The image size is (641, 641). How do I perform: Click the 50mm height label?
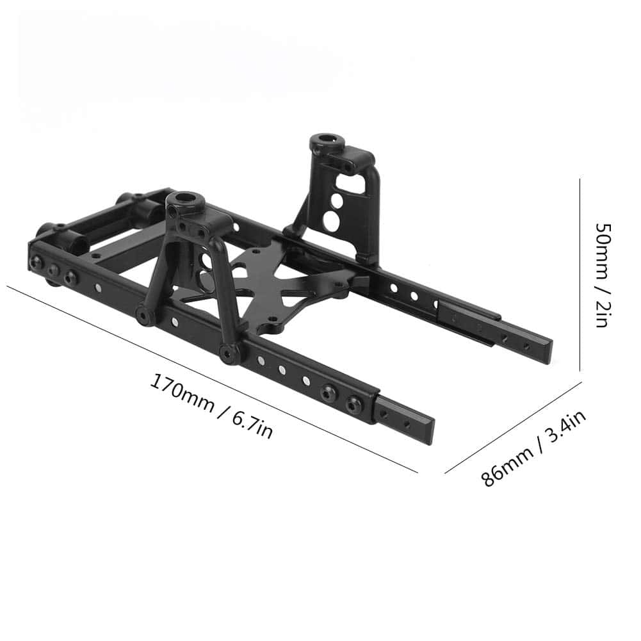point(604,251)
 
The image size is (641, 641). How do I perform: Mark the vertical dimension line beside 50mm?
point(580,274)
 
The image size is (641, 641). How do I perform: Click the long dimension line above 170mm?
point(212,379)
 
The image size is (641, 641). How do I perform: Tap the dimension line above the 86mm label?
point(513,428)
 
